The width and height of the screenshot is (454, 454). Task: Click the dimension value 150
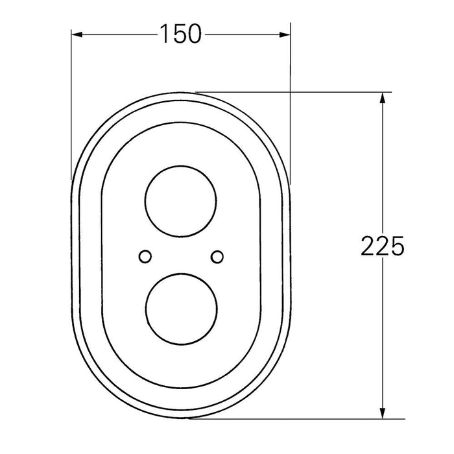[x=180, y=34]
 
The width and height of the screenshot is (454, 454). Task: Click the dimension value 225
[x=382, y=246]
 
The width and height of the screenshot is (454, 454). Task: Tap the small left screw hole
[x=145, y=256]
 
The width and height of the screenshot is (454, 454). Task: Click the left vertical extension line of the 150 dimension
[x=71, y=104]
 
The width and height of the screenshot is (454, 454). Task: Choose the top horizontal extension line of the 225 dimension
[x=292, y=91]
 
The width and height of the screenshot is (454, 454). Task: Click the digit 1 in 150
[x=163, y=34]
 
